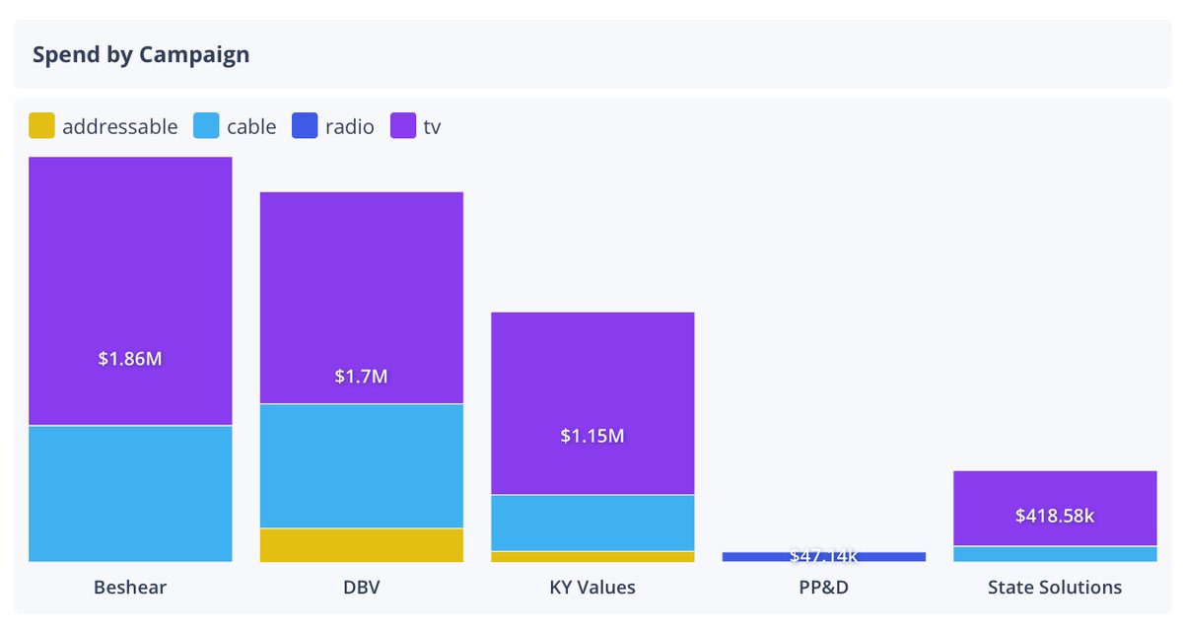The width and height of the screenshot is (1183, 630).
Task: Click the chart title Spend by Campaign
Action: (141, 54)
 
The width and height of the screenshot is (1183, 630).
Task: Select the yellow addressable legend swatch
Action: (41, 126)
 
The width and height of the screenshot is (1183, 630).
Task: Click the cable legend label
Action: (251, 126)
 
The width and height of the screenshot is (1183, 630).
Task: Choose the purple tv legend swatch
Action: (403, 126)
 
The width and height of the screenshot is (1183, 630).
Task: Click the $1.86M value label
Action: (130, 359)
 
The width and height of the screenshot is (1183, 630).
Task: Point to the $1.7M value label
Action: (361, 376)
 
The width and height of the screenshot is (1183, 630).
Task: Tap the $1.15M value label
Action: (592, 435)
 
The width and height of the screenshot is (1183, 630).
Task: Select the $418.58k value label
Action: (1055, 515)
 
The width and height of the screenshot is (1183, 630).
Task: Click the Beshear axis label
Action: (130, 588)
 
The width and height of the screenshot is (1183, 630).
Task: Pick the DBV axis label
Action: (361, 588)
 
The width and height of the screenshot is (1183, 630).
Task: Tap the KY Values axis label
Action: (592, 588)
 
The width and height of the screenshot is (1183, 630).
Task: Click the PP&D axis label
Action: (823, 588)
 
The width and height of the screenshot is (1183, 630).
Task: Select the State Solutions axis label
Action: (1055, 588)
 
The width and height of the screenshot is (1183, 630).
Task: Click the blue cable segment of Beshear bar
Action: (130, 493)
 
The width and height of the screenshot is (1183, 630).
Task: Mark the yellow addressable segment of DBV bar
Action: (361, 545)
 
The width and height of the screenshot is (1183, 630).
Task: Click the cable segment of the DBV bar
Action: (361, 465)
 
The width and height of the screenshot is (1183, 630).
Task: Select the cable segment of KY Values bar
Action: (592, 523)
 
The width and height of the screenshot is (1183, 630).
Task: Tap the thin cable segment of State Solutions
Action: (1055, 554)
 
